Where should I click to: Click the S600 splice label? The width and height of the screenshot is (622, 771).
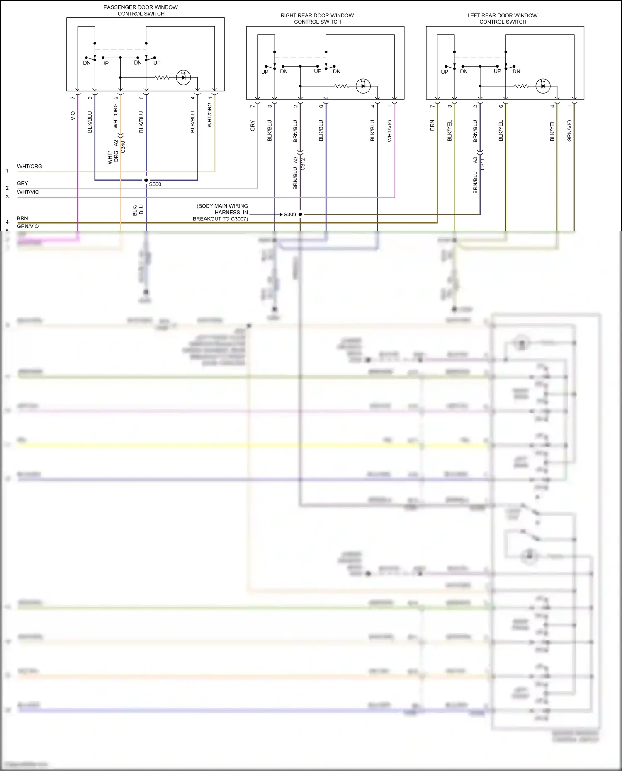coord(155,184)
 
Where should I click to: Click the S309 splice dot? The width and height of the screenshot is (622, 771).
coord(300,215)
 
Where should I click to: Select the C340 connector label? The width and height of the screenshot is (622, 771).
coord(123,147)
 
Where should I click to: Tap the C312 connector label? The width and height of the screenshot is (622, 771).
coord(303,164)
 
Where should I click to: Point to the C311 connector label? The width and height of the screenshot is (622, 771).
coord(482,164)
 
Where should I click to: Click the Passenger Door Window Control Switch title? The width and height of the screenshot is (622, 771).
coord(141,10)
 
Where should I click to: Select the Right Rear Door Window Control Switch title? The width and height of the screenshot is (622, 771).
coord(317,19)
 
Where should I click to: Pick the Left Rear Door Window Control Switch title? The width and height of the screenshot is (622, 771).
coord(502,19)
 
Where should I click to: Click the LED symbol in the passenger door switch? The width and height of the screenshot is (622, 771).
coord(183,77)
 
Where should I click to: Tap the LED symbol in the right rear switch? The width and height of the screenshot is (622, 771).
coord(363,86)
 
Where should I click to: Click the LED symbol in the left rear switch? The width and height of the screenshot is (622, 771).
coord(543,86)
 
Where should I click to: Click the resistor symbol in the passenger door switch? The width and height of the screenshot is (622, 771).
coord(162,77)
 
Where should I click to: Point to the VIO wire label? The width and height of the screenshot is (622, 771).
coord(73,116)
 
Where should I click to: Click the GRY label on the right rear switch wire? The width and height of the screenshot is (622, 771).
coord(253,126)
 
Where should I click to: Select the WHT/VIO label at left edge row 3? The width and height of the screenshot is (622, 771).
coord(28,192)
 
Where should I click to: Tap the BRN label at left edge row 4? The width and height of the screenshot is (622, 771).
coord(22,218)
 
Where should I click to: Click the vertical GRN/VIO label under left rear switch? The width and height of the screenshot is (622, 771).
coord(569,131)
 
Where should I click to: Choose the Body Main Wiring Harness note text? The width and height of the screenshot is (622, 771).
coord(221,212)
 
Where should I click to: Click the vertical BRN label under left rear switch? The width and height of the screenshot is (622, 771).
coord(432,126)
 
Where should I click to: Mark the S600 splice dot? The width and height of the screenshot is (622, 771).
coord(146,180)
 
